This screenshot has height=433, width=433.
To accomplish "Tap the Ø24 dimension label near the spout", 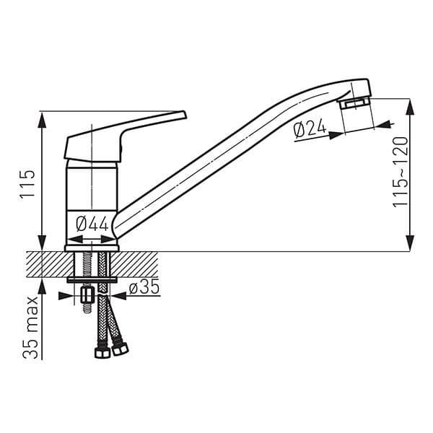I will coord(310,130).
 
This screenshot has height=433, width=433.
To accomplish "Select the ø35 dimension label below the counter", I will coord(144,289).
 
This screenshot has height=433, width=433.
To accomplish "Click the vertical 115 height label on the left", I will coord(27,185).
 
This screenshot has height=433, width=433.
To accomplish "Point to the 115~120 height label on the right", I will coord(401,172).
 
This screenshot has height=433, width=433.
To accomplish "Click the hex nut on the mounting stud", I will coord(88,295).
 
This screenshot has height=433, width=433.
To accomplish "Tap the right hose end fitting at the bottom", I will coord(120,349).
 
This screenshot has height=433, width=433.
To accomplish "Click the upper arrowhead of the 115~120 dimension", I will coord(410,108).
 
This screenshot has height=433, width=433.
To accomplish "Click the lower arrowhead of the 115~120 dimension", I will coord(410,243).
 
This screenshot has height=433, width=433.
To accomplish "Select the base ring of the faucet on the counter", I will coord(92,248).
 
